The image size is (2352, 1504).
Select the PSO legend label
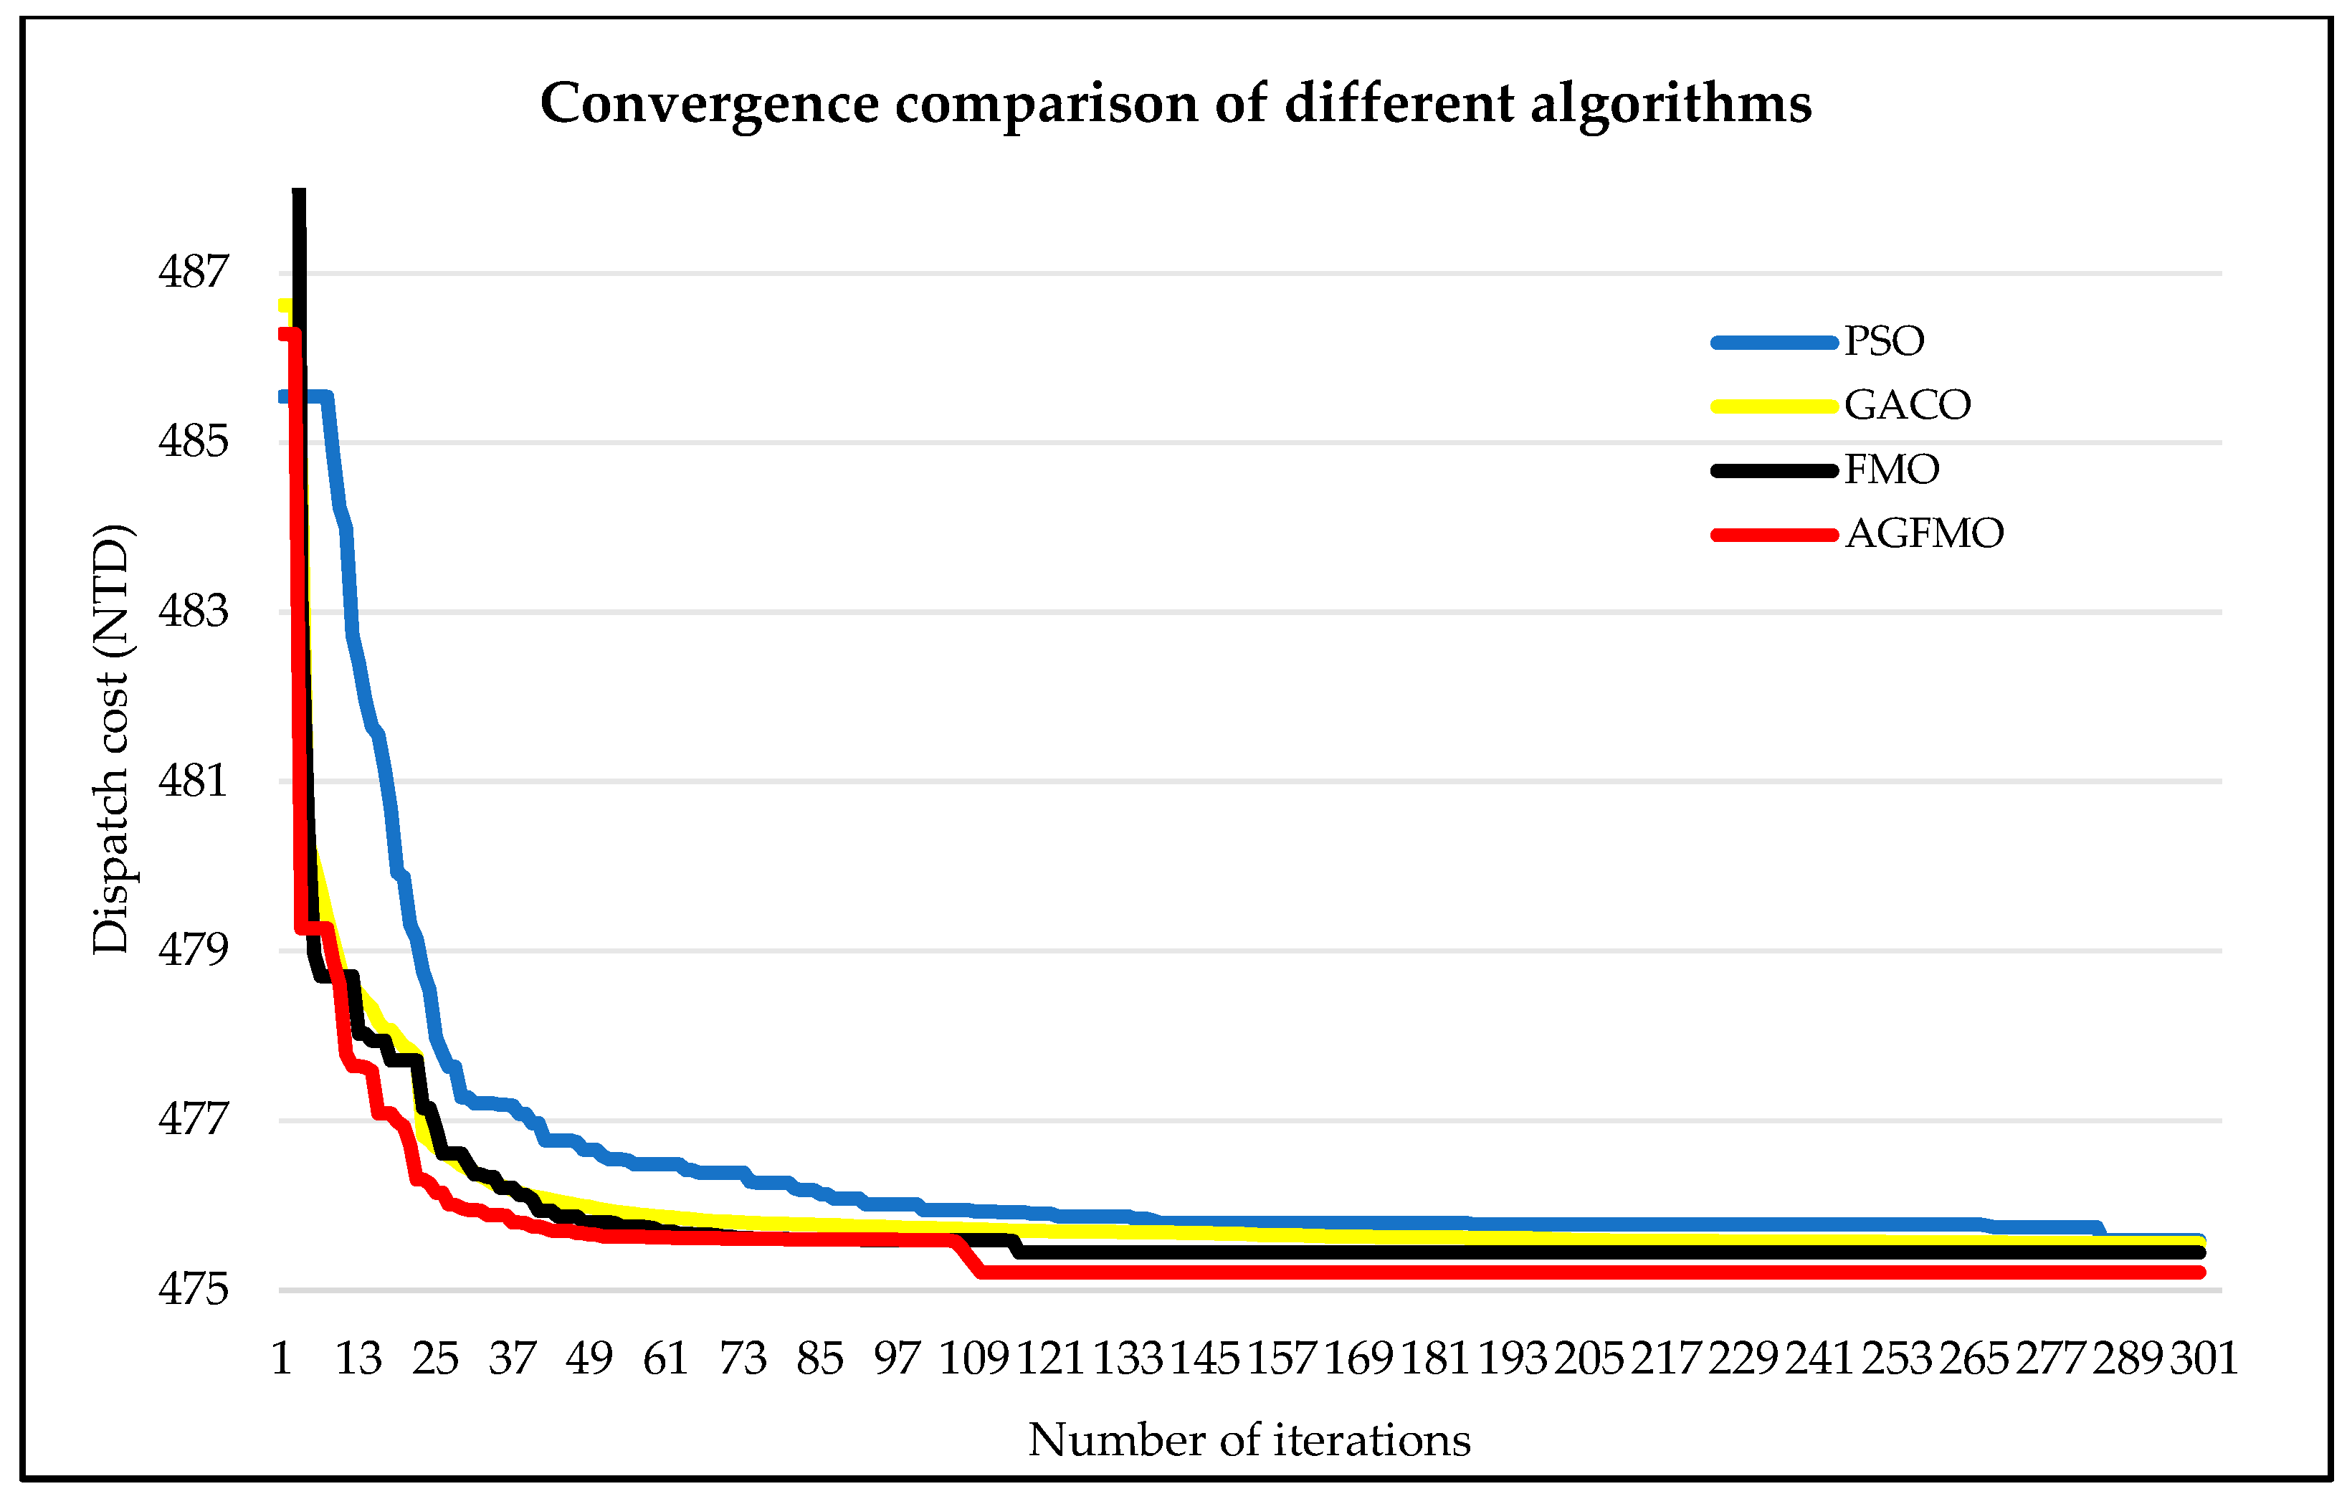coord(1884,341)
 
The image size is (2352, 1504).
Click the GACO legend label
coord(1908,404)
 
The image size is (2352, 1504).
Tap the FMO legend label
coord(1892,470)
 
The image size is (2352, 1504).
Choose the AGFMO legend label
coord(1924,533)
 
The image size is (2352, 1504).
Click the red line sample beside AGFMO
coord(1773,534)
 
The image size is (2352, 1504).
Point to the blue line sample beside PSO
coord(1773,342)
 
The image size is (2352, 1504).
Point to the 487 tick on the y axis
coord(194,272)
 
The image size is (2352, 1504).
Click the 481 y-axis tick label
coord(194,781)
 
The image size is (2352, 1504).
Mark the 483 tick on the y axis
coord(194,611)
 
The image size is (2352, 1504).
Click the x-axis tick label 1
coord(281,1358)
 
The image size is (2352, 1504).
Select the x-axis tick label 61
coord(665,1358)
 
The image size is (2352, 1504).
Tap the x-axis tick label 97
coord(897,1358)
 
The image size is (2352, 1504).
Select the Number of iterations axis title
coord(1249,1440)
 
